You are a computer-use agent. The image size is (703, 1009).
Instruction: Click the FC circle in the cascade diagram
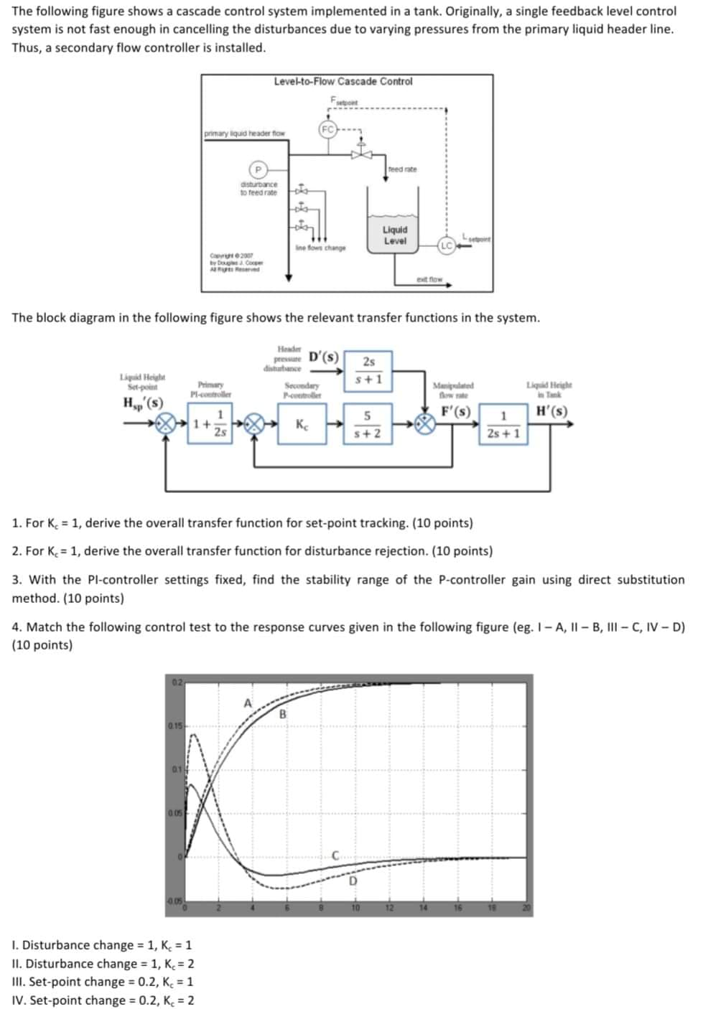[x=327, y=130]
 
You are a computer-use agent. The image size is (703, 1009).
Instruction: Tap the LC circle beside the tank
[x=447, y=245]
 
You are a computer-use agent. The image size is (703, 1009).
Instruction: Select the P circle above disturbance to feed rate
[x=258, y=169]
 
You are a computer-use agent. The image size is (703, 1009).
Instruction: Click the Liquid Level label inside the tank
[x=394, y=235]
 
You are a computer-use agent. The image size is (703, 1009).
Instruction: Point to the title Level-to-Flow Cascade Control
[x=343, y=82]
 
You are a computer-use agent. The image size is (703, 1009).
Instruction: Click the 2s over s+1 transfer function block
[x=368, y=370]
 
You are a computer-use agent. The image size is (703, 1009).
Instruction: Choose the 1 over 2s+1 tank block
[x=503, y=425]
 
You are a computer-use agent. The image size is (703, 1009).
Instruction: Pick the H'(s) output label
[x=551, y=412]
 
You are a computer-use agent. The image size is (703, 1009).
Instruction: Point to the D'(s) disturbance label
[x=324, y=357]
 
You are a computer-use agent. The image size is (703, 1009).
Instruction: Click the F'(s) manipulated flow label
[x=456, y=412]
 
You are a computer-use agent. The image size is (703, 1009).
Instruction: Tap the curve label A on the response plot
[x=248, y=703]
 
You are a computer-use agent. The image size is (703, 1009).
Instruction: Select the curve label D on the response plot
[x=353, y=881]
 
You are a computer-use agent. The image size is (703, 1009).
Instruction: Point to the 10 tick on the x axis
[x=355, y=909]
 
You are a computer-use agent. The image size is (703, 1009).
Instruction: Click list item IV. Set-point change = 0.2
[x=103, y=1000]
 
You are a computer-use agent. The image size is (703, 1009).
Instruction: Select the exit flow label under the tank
[x=429, y=279]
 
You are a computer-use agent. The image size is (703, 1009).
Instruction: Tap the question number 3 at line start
[x=16, y=580]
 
